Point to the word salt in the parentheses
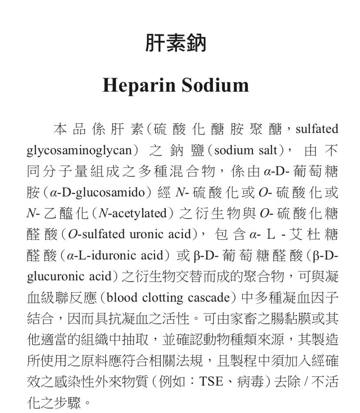coord(268,150)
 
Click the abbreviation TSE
coord(210,382)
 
